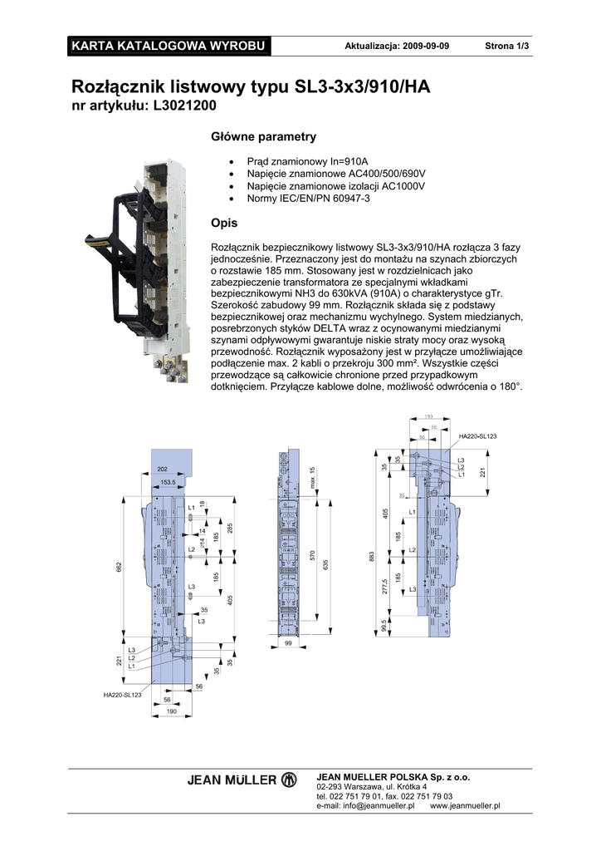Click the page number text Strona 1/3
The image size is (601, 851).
pyautogui.click(x=506, y=45)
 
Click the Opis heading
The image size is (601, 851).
pyautogui.click(x=225, y=224)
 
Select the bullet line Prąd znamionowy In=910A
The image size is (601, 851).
pyautogui.click(x=307, y=161)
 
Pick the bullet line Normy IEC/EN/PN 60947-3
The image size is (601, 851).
pyautogui.click(x=309, y=199)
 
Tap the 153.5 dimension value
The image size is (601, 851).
pyautogui.click(x=168, y=482)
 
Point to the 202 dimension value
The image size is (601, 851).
pyautogui.click(x=162, y=470)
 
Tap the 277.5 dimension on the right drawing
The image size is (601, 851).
pyautogui.click(x=385, y=585)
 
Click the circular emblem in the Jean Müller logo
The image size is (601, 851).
pyautogui.click(x=289, y=780)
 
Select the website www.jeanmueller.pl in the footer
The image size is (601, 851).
pyautogui.click(x=465, y=805)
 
